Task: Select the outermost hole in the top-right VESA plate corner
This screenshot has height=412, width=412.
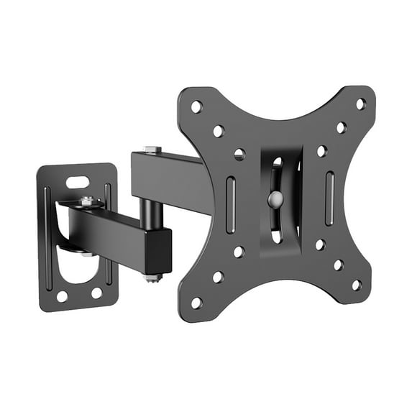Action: coord(360,104)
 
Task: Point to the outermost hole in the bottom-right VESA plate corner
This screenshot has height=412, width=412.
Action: coord(356,285)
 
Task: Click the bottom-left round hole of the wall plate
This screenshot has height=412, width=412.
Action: coord(62,296)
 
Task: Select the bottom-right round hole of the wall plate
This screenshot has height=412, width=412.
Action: coord(96,292)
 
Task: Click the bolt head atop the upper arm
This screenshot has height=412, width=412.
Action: coord(152,150)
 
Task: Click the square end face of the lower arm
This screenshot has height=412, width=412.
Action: coord(157,251)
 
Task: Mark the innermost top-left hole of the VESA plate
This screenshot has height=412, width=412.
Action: coord(239,154)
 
